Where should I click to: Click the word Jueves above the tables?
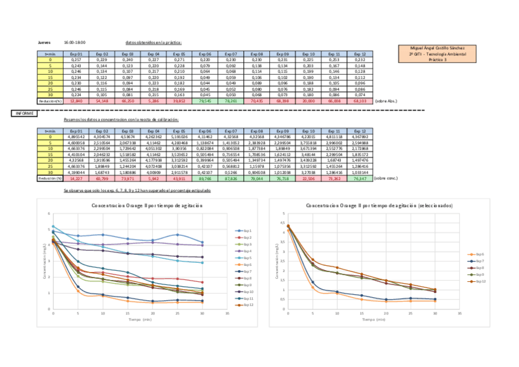point(44,43)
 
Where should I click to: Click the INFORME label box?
point(23,113)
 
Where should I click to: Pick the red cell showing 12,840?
point(76,100)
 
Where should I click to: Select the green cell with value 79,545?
point(205,100)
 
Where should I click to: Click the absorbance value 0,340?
point(127,59)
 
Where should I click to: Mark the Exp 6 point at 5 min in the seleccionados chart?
point(313,287)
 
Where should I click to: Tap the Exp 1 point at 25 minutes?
point(177,235)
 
